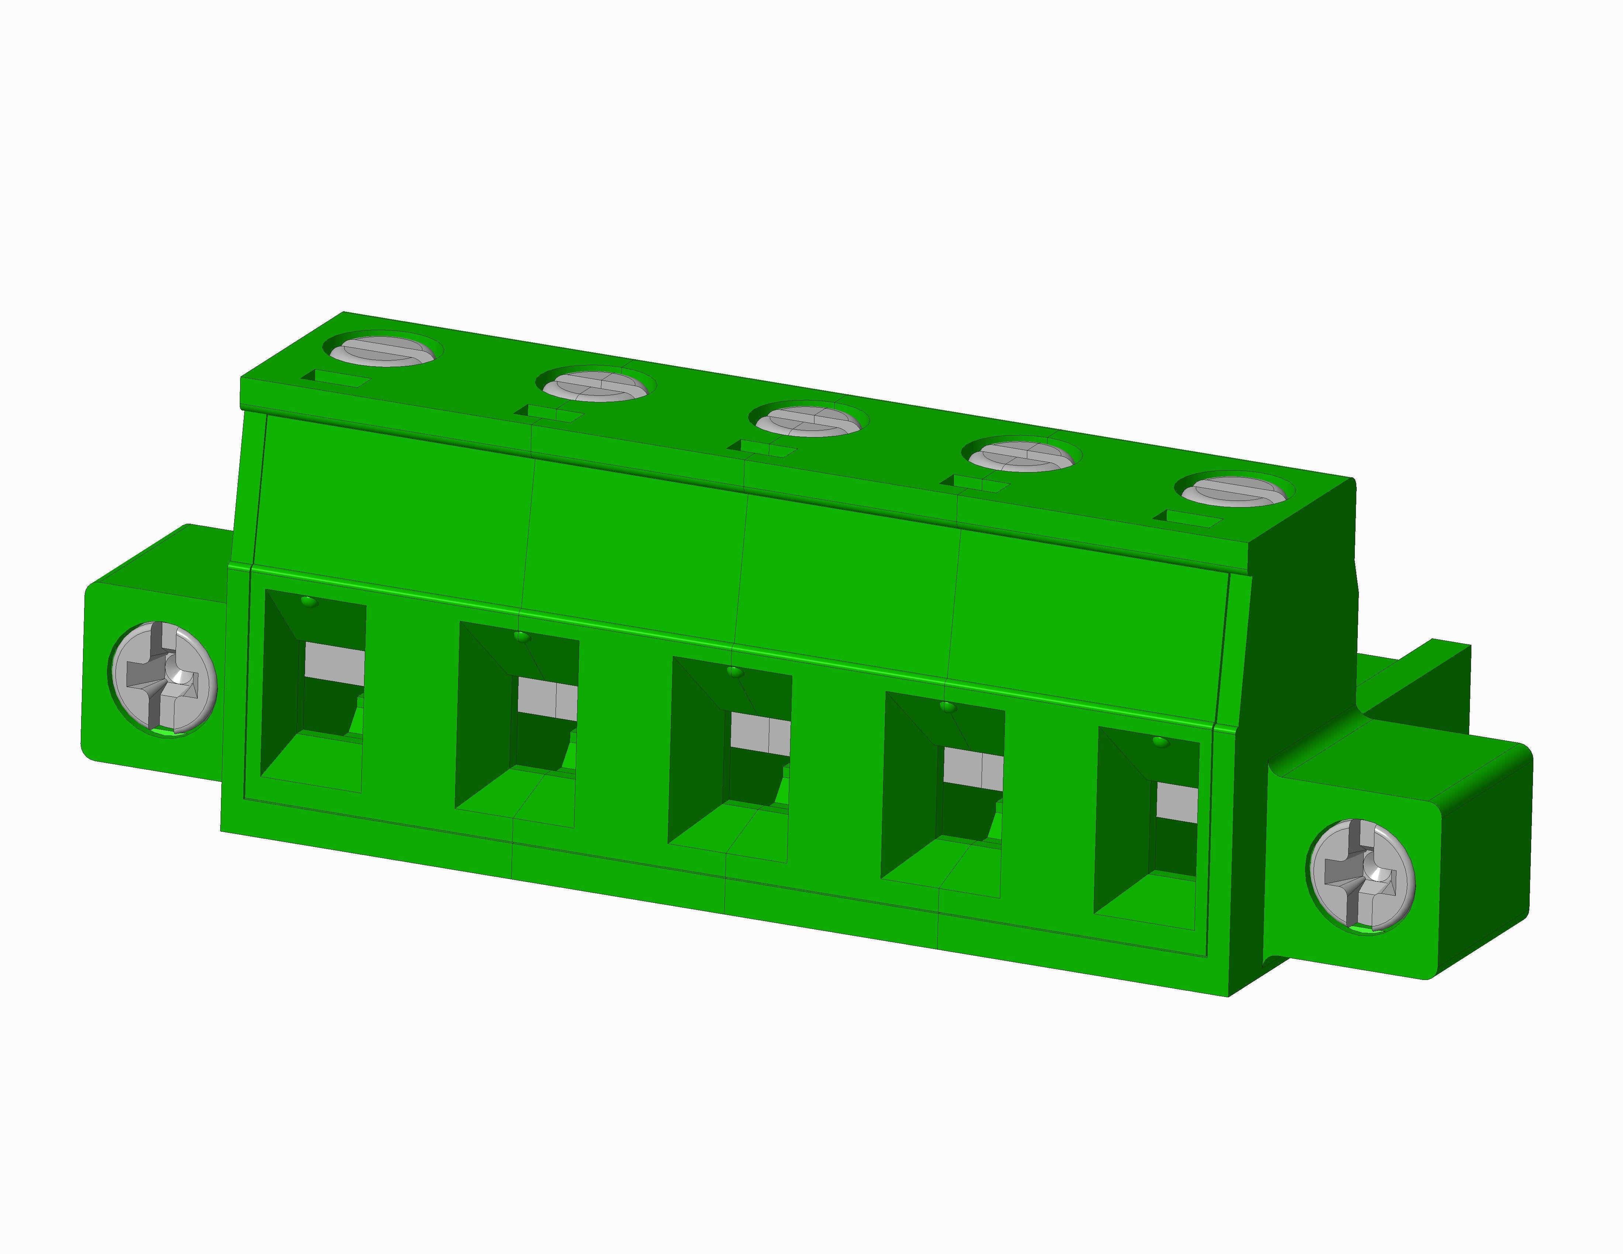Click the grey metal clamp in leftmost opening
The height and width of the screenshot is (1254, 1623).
click(x=335, y=664)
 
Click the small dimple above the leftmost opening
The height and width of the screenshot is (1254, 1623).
click(x=308, y=600)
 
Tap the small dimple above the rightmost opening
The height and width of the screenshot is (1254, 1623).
click(x=1159, y=741)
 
